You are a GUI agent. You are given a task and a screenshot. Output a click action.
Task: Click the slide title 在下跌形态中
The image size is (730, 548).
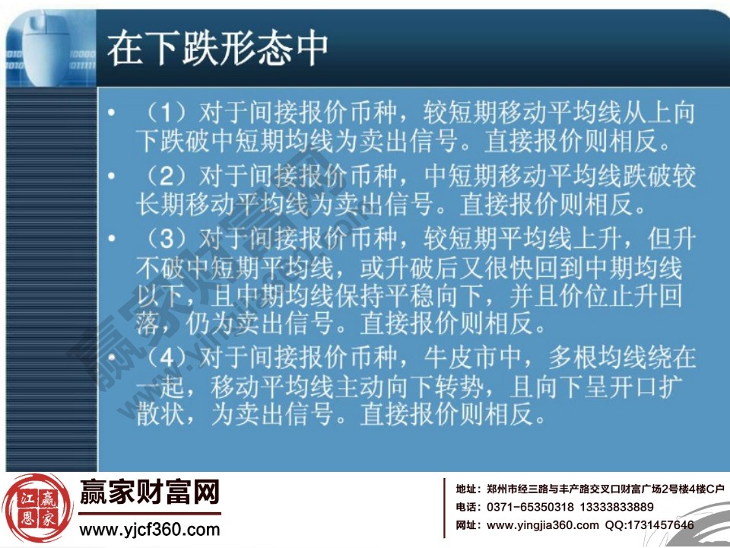coord(217,48)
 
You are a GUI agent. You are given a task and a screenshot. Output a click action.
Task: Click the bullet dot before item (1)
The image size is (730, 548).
coord(112,115)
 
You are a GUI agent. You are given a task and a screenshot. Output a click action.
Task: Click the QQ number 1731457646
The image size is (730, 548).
coord(660,525)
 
